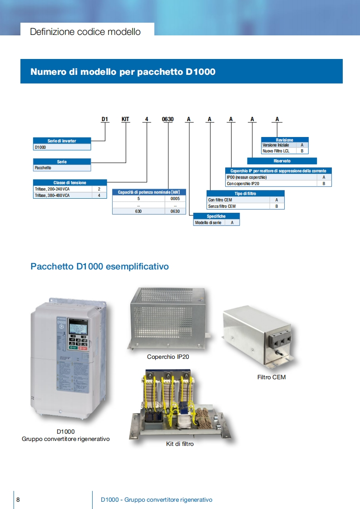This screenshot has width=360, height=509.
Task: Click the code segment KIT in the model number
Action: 125,119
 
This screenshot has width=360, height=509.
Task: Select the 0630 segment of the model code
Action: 168,119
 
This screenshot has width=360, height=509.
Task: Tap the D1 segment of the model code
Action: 105,119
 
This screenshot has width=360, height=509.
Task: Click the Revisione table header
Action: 285,140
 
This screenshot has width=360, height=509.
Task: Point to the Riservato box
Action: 282,161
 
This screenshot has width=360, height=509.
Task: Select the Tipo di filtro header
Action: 246,193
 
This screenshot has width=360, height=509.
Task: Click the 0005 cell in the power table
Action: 175,199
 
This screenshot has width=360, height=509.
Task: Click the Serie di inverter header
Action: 62,141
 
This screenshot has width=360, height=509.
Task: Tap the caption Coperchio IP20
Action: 168,357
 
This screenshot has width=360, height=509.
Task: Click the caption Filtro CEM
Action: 271,377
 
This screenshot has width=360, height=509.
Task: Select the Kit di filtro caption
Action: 180,444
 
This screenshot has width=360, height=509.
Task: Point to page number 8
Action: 18,499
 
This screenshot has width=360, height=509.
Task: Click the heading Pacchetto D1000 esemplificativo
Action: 99,266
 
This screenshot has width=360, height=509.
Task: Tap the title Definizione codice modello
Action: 85,32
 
